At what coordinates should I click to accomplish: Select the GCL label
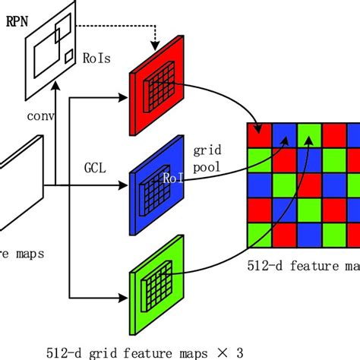point(94,163)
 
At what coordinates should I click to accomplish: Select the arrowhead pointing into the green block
point(126,296)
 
